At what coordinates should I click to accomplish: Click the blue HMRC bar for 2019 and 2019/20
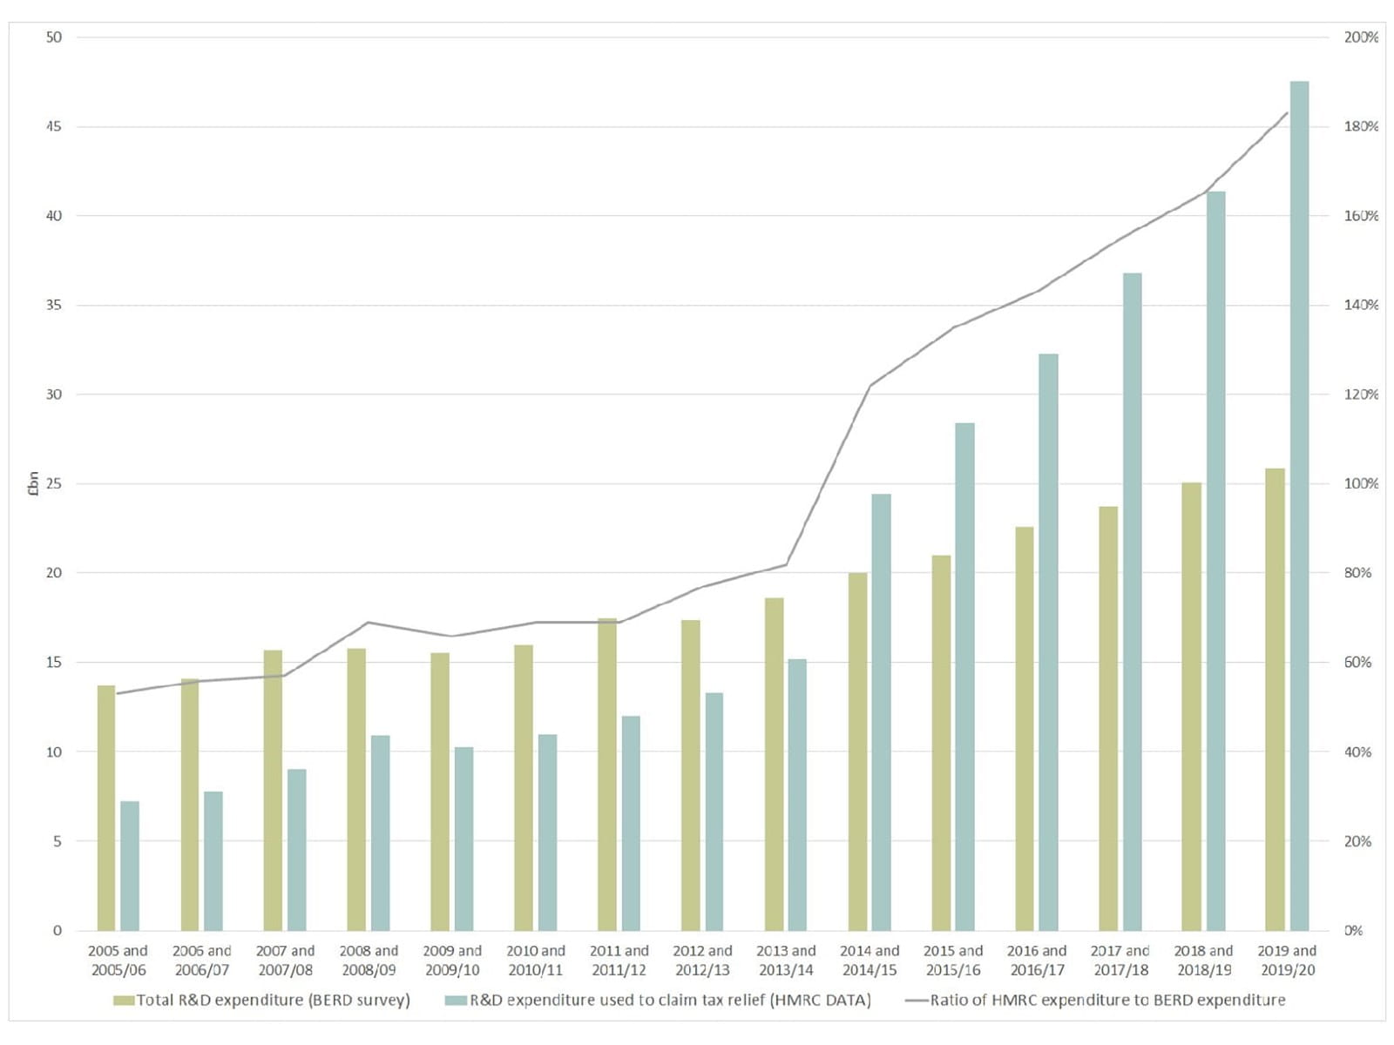[1299, 505]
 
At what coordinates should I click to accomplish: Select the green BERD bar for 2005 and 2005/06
[106, 807]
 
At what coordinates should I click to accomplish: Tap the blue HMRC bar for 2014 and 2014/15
[881, 711]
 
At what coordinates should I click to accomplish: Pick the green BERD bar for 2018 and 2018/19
[1191, 706]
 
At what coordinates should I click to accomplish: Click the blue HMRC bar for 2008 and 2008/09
[381, 833]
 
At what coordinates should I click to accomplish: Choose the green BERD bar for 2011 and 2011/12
[607, 774]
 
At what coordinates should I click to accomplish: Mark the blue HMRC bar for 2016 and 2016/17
[1048, 642]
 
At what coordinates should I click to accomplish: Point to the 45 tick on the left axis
[54, 126]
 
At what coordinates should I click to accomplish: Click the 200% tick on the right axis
[1361, 37]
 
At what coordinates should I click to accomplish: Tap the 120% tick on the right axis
[1361, 394]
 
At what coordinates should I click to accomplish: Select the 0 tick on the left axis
[58, 930]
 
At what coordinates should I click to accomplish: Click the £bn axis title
[33, 483]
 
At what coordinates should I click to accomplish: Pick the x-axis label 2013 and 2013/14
[786, 960]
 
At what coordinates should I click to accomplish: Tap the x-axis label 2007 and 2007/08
[285, 960]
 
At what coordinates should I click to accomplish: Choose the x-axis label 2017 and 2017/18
[1120, 960]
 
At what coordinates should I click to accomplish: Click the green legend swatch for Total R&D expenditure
[124, 1001]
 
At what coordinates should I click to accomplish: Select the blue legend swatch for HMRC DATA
[456, 1001]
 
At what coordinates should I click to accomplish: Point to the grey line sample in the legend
[916, 1001]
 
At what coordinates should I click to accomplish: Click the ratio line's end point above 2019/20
[1287, 113]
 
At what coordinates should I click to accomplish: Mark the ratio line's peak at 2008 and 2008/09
[369, 622]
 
